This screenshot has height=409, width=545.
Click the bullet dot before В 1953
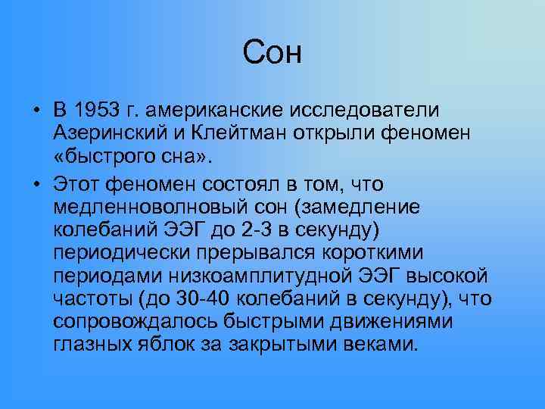pyautogui.click(x=36, y=110)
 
